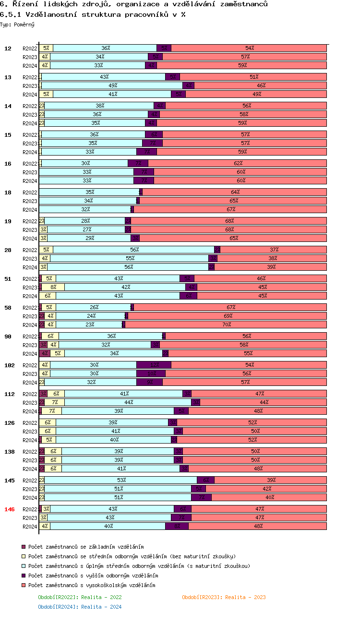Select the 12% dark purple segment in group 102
tap(154, 365)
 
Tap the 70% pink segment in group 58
tap(226, 325)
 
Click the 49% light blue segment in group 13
tap(112, 85)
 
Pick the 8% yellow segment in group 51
tap(53, 287)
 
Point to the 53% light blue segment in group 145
tap(121, 480)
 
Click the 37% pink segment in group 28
tap(274, 250)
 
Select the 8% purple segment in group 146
tap(177, 526)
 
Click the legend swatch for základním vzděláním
tap(24, 547)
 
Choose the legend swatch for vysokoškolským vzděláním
tap(24, 585)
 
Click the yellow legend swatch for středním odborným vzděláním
tap(24, 556)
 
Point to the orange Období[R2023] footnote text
tap(224, 597)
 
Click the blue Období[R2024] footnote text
tap(80, 607)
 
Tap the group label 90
tap(8, 337)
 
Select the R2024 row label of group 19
tap(30, 239)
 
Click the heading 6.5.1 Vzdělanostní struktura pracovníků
tap(93, 14)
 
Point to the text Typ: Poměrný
tap(17, 24)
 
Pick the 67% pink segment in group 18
tap(230, 209)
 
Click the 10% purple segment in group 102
tap(151, 373)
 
